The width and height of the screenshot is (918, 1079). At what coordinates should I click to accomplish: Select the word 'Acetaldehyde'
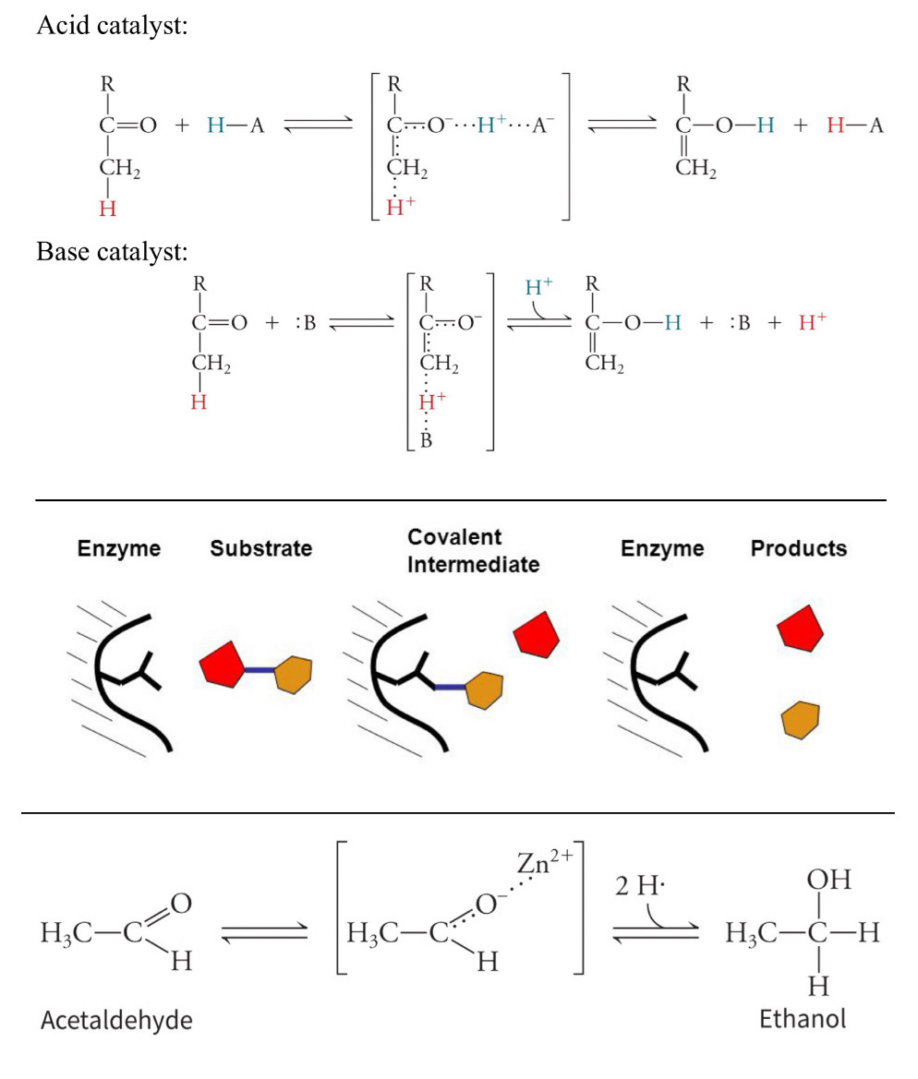point(116,1020)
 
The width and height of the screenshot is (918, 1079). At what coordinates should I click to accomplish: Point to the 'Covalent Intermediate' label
point(473,551)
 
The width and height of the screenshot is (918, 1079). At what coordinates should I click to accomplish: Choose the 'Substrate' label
point(260,548)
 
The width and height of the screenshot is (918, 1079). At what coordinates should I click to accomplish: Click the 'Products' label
point(798,548)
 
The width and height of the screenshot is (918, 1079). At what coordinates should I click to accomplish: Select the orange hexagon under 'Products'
point(801,719)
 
